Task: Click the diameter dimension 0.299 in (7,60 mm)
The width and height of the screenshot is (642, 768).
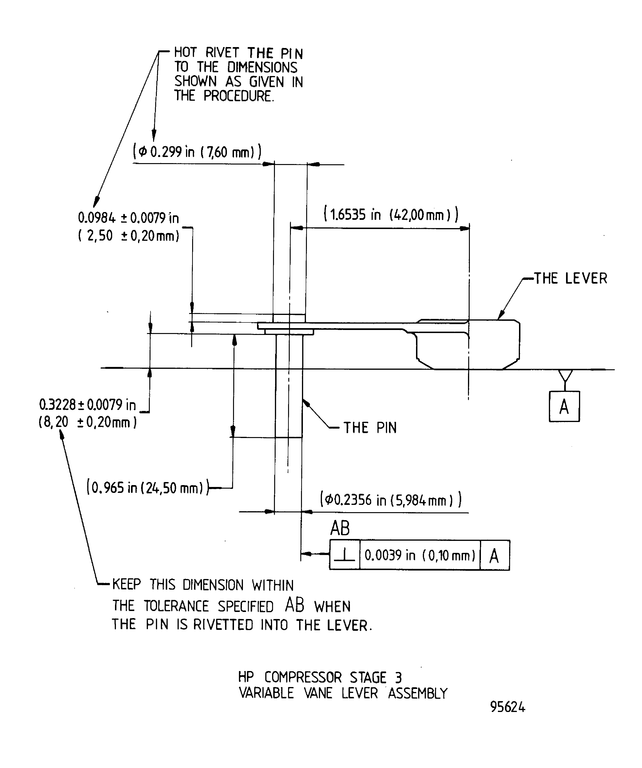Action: pos(197,151)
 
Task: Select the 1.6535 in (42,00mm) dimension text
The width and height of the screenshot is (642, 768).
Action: pos(391,214)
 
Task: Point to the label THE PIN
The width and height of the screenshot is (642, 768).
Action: pos(370,428)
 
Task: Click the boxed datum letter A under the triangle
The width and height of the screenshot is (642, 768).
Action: pos(564,407)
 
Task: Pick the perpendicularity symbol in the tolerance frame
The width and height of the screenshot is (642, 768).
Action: pos(344,555)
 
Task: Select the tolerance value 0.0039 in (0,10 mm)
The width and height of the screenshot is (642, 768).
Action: pos(420,555)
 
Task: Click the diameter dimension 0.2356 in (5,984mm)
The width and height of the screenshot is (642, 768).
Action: pos(390,500)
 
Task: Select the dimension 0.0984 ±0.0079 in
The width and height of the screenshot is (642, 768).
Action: pos(128,218)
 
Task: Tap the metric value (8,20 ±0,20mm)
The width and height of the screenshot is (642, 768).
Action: pos(88,422)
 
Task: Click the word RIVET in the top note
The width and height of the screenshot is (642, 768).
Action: pos(222,53)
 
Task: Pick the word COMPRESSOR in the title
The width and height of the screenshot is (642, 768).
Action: pos(303,677)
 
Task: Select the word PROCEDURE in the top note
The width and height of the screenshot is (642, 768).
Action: pos(238,96)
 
